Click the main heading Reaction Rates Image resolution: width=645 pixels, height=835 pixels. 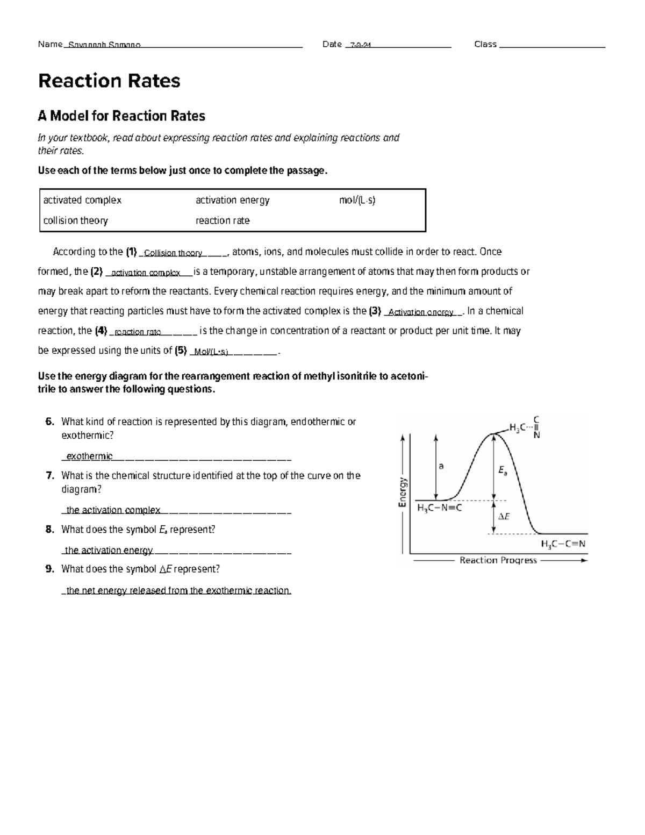tap(109, 81)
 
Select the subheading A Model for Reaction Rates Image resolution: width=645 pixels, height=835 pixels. tap(121, 116)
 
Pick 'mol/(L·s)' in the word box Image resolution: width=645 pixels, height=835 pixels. tap(357, 200)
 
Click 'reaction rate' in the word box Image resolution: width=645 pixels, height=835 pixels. tap(223, 220)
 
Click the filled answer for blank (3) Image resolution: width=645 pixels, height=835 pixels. tap(421, 312)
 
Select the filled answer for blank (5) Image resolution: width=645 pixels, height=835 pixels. tap(211, 352)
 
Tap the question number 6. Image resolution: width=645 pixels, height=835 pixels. tap(50, 422)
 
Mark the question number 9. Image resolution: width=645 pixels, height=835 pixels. tap(50, 569)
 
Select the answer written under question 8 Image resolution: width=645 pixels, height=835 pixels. tap(109, 550)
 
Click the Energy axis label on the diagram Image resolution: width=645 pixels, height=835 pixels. tap(402, 493)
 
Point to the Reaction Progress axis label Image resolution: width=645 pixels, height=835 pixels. tap(498, 560)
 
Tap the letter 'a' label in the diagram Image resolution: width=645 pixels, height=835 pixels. tap(441, 466)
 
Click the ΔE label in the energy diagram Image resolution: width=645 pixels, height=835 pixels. tap(504, 517)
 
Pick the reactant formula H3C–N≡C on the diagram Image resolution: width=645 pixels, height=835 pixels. tap(439, 508)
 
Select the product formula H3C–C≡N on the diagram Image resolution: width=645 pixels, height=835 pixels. tap(563, 544)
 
